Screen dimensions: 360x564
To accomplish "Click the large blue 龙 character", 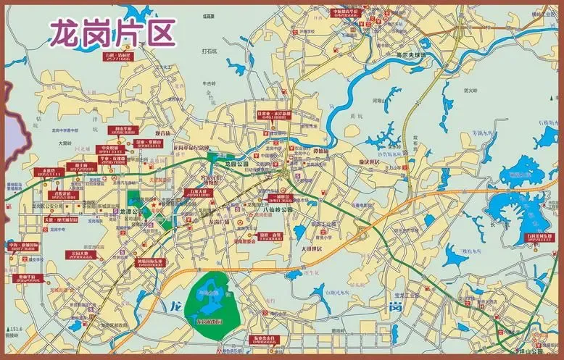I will coord(175,306).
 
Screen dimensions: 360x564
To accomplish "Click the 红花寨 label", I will coord(209,14).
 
